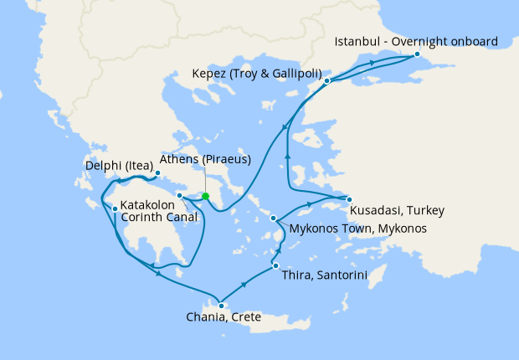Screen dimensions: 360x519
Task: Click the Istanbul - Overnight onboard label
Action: coord(416,41)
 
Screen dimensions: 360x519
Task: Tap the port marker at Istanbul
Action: coord(416,54)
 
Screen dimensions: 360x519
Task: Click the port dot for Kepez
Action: coord(327,81)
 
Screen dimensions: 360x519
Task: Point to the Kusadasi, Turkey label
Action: coord(397,209)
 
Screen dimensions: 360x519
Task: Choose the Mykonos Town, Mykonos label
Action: coord(357,229)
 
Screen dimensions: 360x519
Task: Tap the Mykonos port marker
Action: coord(274,219)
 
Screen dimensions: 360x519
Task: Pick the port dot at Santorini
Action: coord(275,266)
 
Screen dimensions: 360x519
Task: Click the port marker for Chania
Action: coord(221,306)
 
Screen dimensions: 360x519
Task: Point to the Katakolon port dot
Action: coord(115,208)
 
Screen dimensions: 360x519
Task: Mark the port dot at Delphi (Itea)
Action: coord(157,174)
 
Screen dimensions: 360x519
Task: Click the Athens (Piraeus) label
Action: coord(205,160)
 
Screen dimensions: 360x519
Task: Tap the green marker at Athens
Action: coord(205,197)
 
